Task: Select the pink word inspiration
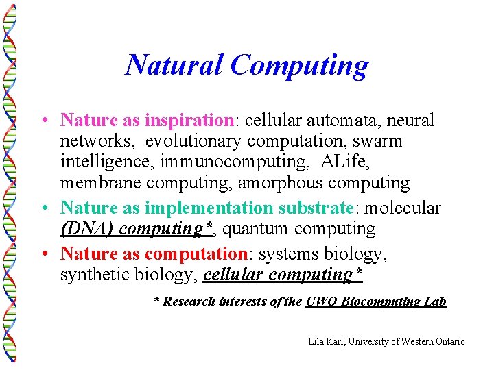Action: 189,121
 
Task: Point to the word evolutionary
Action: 193,141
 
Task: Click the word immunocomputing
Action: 242,162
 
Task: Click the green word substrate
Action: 315,208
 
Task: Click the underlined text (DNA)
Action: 86,229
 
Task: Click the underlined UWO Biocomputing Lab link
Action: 375,301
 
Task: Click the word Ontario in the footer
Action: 449,341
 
